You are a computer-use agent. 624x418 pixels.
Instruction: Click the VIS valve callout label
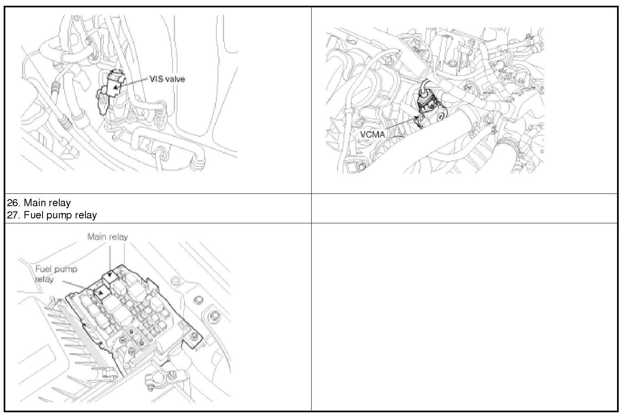coord(167,79)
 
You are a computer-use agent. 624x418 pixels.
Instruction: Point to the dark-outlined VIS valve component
coord(111,89)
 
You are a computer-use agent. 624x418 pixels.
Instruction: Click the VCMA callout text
coord(373,135)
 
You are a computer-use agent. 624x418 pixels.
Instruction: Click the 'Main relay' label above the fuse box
coord(108,237)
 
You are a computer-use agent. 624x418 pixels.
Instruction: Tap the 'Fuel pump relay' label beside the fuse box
coord(56,274)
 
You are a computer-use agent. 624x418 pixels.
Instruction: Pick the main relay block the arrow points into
coord(110,276)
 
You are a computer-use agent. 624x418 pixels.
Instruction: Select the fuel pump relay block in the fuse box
coord(101,292)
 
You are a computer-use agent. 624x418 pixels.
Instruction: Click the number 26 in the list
coord(13,203)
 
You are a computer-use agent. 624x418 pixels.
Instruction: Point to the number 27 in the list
coord(13,215)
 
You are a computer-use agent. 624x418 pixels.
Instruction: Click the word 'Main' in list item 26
coord(34,203)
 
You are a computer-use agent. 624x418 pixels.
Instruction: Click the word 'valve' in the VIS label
coord(175,79)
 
